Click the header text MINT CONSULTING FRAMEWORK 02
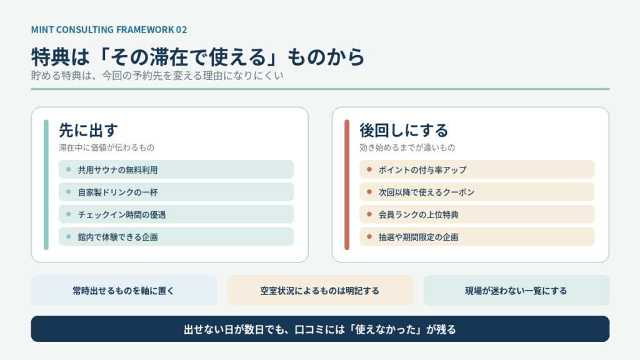coord(109,30)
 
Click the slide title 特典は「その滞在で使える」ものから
coord(197,57)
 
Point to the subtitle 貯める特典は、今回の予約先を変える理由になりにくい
coord(157,76)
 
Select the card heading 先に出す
coord(88,131)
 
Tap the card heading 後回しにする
coord(404,131)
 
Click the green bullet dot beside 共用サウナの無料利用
coord(69,169)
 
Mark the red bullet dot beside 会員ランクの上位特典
coord(369,214)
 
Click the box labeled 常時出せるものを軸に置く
coord(124,291)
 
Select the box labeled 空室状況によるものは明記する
coord(320,291)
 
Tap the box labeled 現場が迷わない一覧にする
coord(516,291)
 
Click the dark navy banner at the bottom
coord(320,329)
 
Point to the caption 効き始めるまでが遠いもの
coord(407,147)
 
